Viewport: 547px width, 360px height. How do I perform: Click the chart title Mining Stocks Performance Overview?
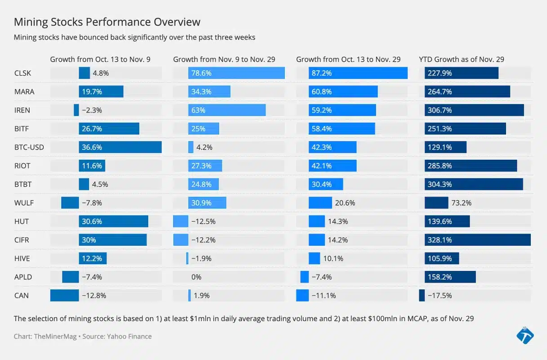click(107, 22)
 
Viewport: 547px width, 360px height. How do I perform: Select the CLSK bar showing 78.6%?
click(236, 73)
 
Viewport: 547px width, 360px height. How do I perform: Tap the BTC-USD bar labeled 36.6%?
click(120, 147)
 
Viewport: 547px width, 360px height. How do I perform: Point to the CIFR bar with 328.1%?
click(477, 240)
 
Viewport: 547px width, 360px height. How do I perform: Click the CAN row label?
click(21, 296)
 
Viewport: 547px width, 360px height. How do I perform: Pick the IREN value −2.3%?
click(92, 110)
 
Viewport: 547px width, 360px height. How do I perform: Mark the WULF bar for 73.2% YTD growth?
click(436, 203)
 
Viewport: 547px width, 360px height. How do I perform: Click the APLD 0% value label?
click(196, 277)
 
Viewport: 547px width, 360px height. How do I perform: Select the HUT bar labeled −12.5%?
click(180, 221)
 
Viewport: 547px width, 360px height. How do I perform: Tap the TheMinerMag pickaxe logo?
click(525, 335)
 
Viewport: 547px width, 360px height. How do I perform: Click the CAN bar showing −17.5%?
click(421, 296)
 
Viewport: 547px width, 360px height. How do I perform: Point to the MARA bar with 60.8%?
click(343, 92)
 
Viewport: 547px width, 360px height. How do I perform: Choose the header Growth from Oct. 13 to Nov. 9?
click(100, 59)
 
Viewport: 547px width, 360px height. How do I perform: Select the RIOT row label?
click(22, 166)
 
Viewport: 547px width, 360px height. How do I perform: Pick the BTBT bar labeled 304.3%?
click(474, 184)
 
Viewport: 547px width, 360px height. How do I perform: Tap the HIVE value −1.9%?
click(201, 259)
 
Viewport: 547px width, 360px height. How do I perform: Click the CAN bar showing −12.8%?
click(64, 296)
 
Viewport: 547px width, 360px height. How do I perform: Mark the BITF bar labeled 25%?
click(203, 129)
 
